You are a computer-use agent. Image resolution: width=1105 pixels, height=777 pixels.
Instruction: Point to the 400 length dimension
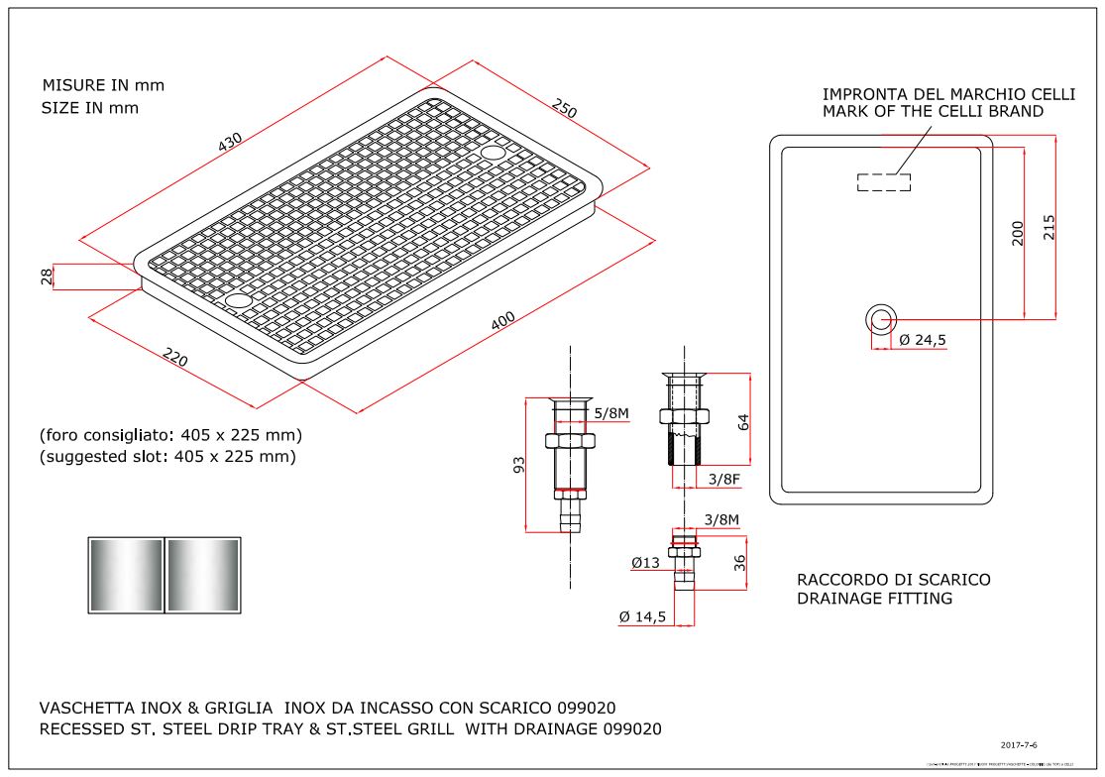point(503,321)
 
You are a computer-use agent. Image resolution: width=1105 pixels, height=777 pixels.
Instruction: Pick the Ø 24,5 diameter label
point(924,340)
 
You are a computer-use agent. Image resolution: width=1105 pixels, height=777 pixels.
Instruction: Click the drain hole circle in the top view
point(881,318)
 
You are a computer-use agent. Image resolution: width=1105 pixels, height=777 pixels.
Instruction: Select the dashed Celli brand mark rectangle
point(883,181)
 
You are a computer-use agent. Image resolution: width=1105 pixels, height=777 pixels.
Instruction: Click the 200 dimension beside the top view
point(1017,234)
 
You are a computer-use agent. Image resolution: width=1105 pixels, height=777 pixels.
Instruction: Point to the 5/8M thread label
point(611,413)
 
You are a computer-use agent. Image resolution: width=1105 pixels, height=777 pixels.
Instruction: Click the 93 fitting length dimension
point(517,466)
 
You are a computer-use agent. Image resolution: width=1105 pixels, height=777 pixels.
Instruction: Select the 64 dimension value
point(742,420)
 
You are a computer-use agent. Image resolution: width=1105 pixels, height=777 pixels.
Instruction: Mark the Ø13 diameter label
point(645,563)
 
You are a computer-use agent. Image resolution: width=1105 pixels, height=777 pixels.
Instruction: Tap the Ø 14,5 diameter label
point(641,616)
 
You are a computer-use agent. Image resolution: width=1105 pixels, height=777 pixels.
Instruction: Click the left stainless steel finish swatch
point(126,575)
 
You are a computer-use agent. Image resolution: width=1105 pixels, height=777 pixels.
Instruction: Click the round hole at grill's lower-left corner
point(239,299)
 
